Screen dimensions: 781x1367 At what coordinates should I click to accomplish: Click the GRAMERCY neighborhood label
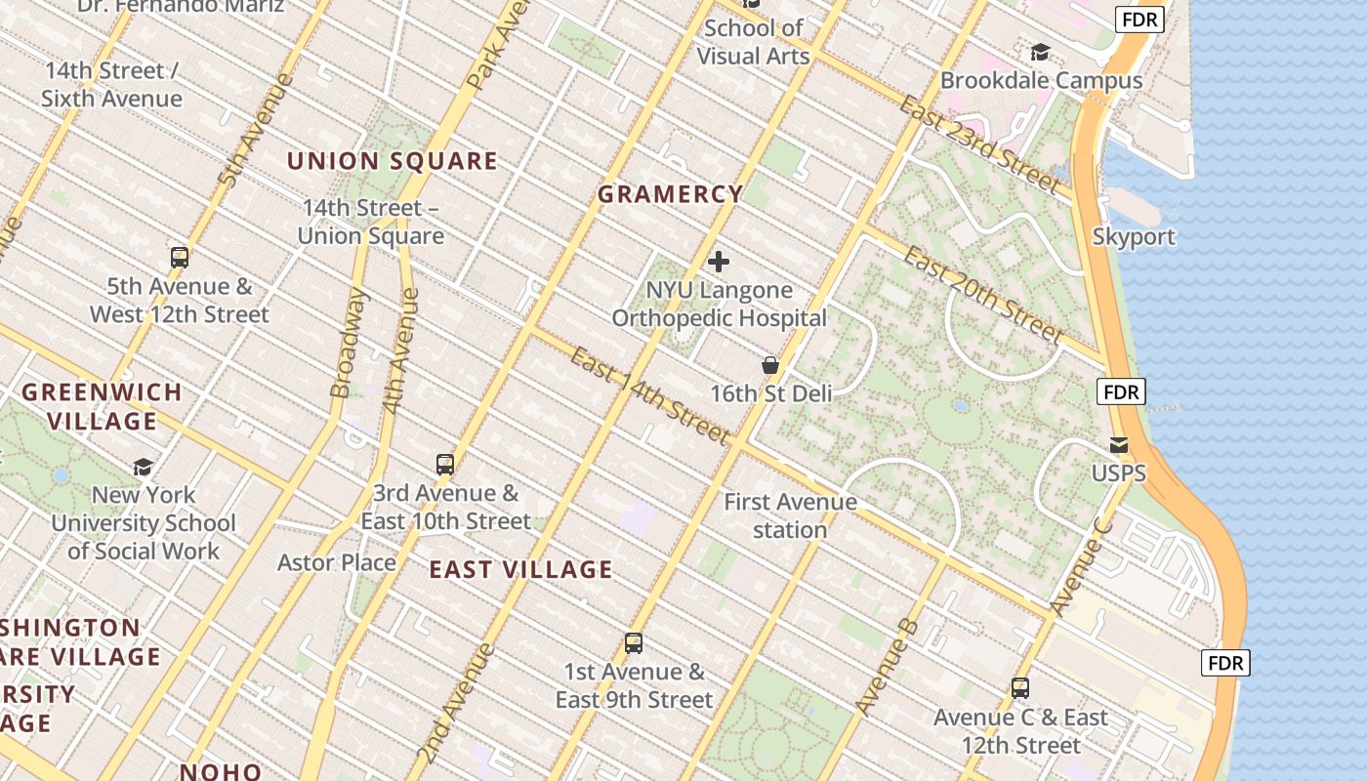(670, 194)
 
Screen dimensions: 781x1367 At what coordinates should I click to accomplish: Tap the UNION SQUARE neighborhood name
(393, 161)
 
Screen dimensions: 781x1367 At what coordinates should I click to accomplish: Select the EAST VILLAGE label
(521, 569)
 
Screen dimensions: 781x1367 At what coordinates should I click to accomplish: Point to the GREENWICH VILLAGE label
(103, 406)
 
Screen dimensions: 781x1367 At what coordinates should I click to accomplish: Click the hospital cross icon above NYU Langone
(719, 262)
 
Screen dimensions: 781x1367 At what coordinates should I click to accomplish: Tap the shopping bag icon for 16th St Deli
(770, 365)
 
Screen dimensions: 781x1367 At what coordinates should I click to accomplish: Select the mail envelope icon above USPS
(1119, 445)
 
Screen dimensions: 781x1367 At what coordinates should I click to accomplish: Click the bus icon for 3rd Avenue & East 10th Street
(445, 465)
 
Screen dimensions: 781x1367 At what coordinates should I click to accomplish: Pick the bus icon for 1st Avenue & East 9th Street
(634, 643)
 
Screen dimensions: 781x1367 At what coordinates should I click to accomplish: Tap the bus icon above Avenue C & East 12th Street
(1020, 688)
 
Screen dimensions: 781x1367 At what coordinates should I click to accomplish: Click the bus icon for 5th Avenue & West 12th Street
(180, 258)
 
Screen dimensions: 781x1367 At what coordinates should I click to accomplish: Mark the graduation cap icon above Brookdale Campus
(1041, 52)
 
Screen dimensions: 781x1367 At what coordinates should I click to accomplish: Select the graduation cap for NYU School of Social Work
(144, 467)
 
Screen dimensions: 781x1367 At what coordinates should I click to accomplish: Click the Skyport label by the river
(1134, 236)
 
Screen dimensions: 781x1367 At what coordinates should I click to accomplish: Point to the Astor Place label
(337, 562)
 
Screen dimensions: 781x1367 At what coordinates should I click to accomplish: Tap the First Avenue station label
(790, 515)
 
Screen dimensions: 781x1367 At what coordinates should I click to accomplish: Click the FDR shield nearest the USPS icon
(1120, 391)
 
